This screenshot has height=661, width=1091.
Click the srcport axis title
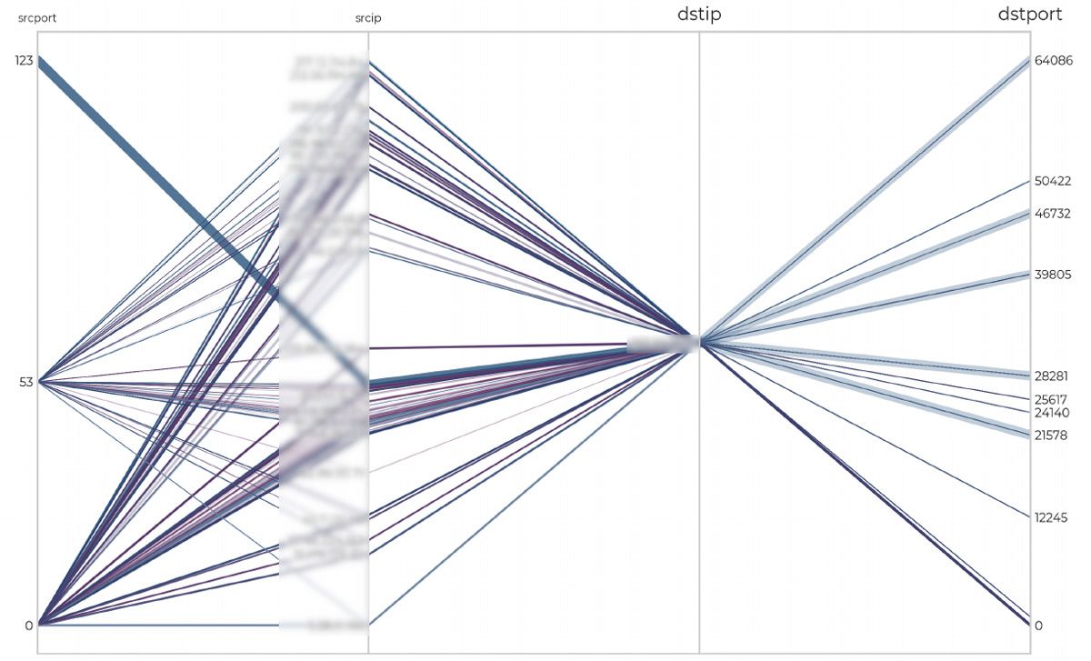37,17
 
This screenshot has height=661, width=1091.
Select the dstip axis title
699,15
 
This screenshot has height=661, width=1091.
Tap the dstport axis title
1030,15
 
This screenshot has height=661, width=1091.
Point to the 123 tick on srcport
23,61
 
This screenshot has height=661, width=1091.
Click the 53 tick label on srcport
26,383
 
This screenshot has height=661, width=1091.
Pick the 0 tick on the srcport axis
29,626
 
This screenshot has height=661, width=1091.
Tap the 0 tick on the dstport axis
1038,626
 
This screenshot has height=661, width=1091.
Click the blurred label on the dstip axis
663,344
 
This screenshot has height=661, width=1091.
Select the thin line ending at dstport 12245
873,432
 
